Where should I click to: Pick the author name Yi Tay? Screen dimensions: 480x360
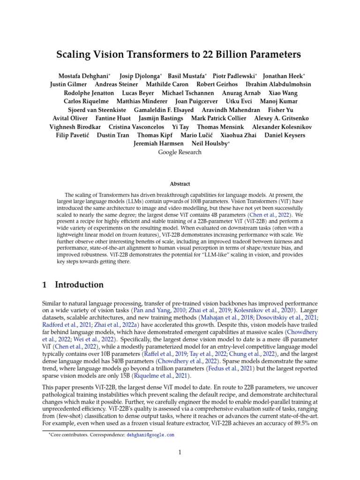pos(180,127)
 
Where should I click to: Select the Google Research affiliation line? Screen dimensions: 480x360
pos(180,152)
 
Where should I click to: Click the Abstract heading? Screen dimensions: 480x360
pos(180,185)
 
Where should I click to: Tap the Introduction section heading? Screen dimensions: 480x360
pos(79,285)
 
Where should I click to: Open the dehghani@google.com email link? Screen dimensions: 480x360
pos(150,435)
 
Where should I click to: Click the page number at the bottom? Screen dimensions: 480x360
pos(180,452)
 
